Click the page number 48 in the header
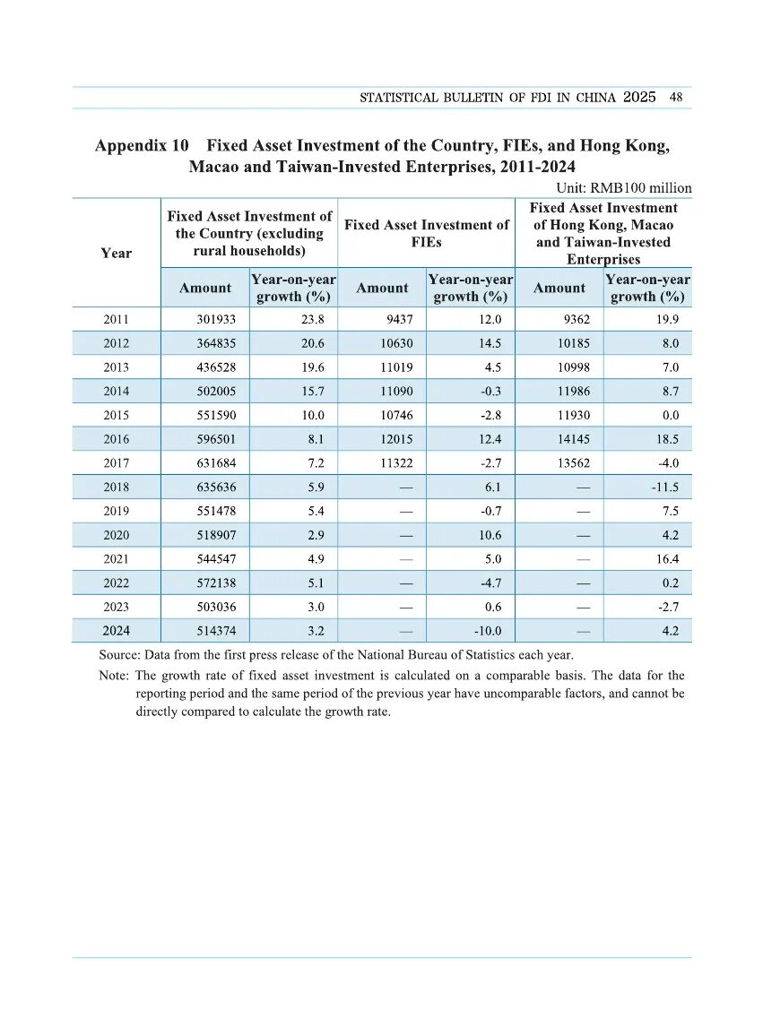676,98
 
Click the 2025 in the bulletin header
639,97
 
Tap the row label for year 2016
116,439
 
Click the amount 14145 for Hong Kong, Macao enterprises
572,439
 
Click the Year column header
116,254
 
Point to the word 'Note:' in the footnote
114,676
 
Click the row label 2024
116,631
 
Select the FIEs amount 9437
398,319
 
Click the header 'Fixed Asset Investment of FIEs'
426,234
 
